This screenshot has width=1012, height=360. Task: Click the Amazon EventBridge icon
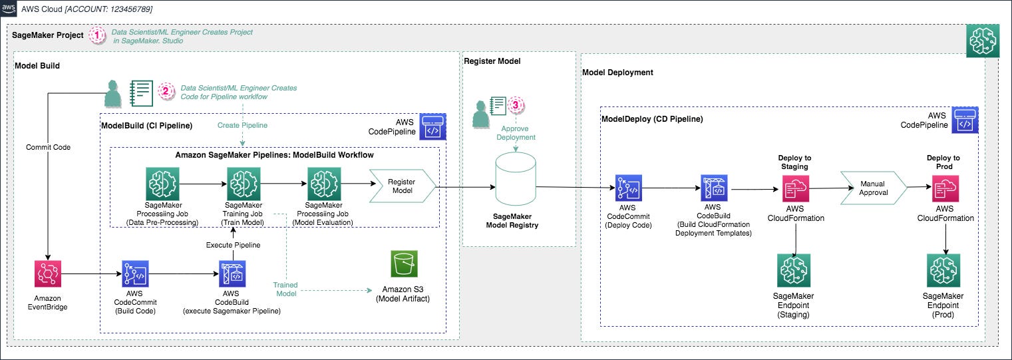point(48,274)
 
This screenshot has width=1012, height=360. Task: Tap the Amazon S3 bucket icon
point(404,265)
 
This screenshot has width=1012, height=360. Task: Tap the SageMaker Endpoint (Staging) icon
point(793,271)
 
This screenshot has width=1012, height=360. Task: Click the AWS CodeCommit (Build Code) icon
point(136,273)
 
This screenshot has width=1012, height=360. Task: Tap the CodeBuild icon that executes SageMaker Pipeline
point(234,273)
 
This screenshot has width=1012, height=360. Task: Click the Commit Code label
point(48,147)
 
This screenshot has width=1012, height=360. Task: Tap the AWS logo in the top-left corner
point(9,9)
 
